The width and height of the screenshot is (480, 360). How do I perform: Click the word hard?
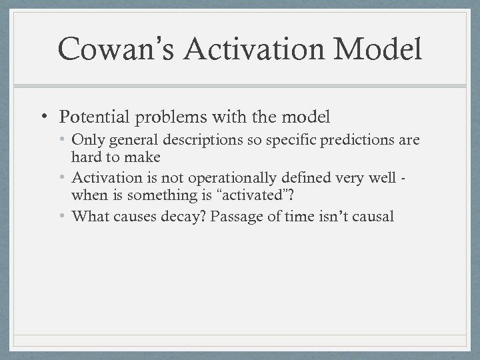85,159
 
